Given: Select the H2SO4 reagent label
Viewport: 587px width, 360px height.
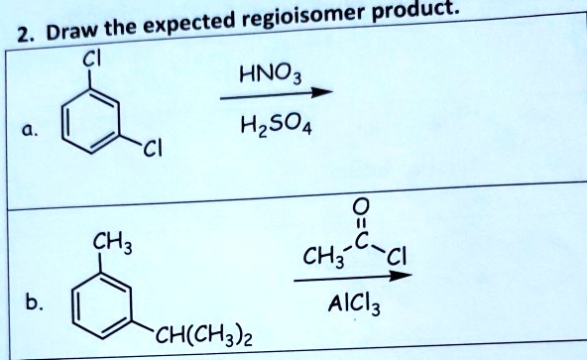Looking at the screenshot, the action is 271,126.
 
